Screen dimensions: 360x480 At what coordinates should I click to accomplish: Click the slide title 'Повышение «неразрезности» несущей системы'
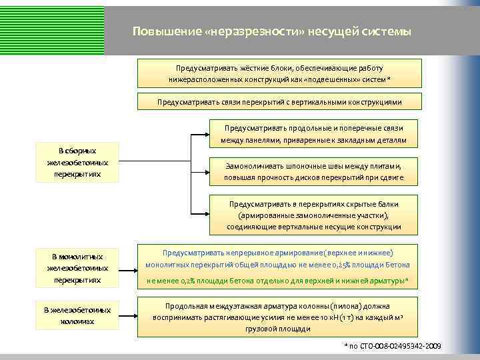[x=271, y=32]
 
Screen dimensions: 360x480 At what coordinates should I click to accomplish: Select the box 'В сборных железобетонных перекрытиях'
[x=77, y=163]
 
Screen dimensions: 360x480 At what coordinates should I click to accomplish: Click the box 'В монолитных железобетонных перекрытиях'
[x=77, y=268]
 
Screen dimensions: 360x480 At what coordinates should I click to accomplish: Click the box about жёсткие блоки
[x=279, y=73]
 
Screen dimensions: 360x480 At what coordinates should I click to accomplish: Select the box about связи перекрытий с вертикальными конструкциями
[x=279, y=103]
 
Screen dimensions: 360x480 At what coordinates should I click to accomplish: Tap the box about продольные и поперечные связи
[x=313, y=133]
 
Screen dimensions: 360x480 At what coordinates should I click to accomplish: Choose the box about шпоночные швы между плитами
[x=313, y=170]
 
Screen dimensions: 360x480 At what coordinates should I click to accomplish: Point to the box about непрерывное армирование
[x=279, y=266]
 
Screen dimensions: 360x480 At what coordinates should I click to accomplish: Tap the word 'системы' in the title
[x=389, y=32]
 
